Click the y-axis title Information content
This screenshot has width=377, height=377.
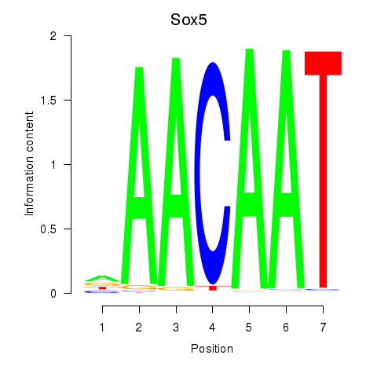point(29,164)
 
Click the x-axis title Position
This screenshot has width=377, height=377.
point(211,349)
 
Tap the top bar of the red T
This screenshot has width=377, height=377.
point(322,63)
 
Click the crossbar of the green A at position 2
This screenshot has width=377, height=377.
point(139,207)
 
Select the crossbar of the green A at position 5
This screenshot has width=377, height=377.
point(249,203)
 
